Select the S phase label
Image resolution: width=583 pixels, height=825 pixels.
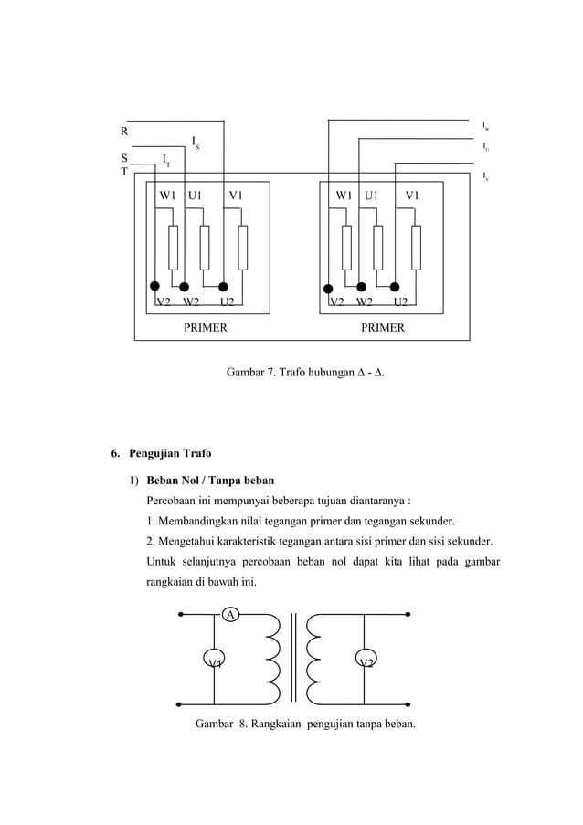click(124, 158)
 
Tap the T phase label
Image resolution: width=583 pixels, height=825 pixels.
click(124, 172)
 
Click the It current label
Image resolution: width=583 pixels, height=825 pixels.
click(165, 160)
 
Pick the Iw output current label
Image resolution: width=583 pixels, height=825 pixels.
click(485, 125)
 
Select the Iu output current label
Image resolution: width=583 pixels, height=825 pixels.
click(485, 146)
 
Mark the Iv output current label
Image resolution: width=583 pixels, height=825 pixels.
click(485, 175)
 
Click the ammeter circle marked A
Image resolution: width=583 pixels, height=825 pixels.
click(231, 615)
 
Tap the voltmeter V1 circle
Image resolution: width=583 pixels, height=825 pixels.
click(214, 661)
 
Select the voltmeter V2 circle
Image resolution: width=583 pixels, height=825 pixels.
click(366, 661)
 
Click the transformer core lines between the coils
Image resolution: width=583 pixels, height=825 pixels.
click(293, 659)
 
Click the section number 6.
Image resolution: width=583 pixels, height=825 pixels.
click(114, 453)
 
